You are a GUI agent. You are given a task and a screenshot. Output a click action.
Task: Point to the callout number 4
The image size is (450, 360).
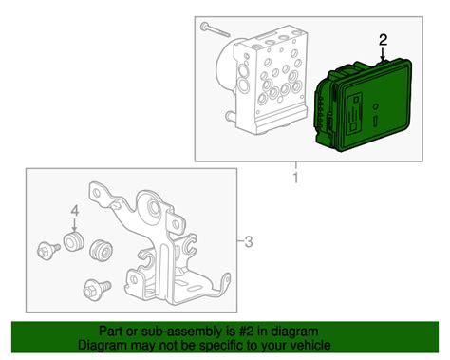[x=71, y=211]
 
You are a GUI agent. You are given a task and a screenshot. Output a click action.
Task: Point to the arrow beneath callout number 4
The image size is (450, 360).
[x=71, y=225]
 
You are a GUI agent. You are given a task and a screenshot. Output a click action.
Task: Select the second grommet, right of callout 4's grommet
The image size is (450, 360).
[x=98, y=251]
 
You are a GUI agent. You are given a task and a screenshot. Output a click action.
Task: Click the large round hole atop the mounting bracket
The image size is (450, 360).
[x=151, y=209]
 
